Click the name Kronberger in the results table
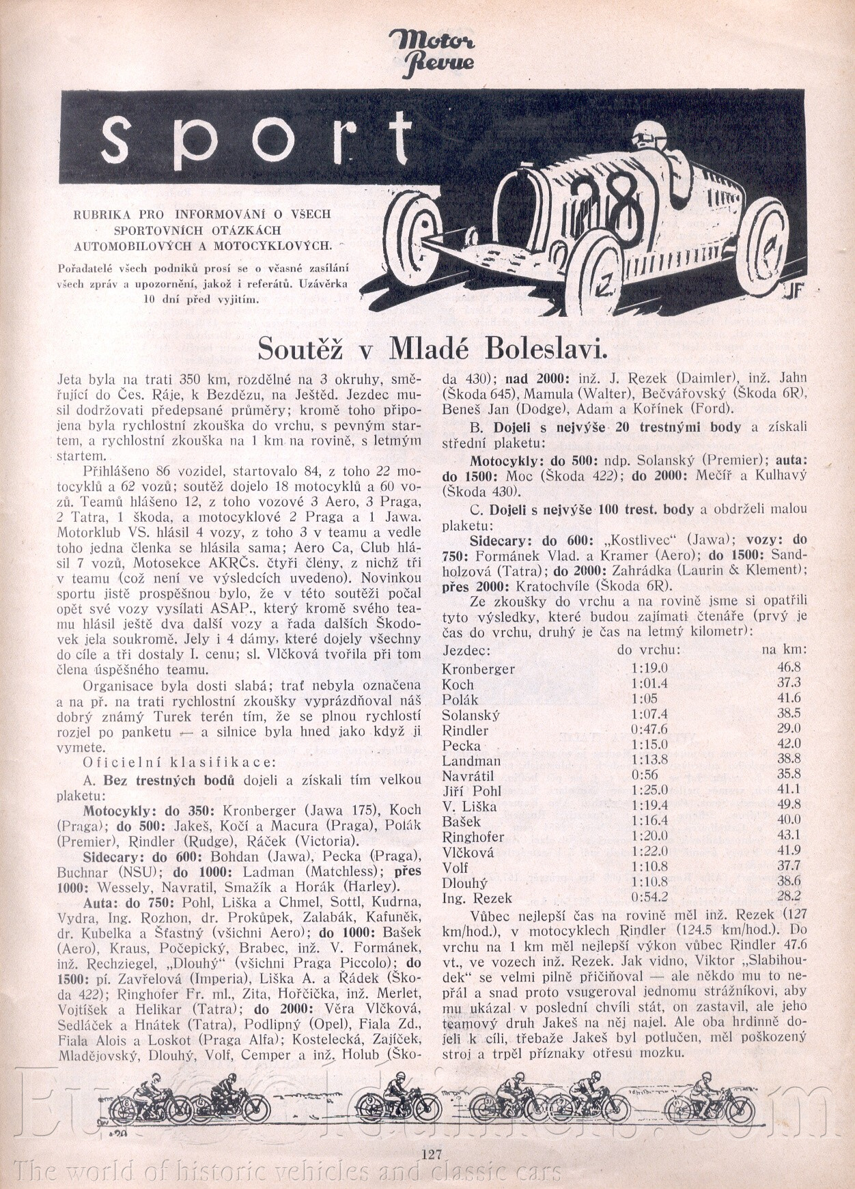tap(478, 669)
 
